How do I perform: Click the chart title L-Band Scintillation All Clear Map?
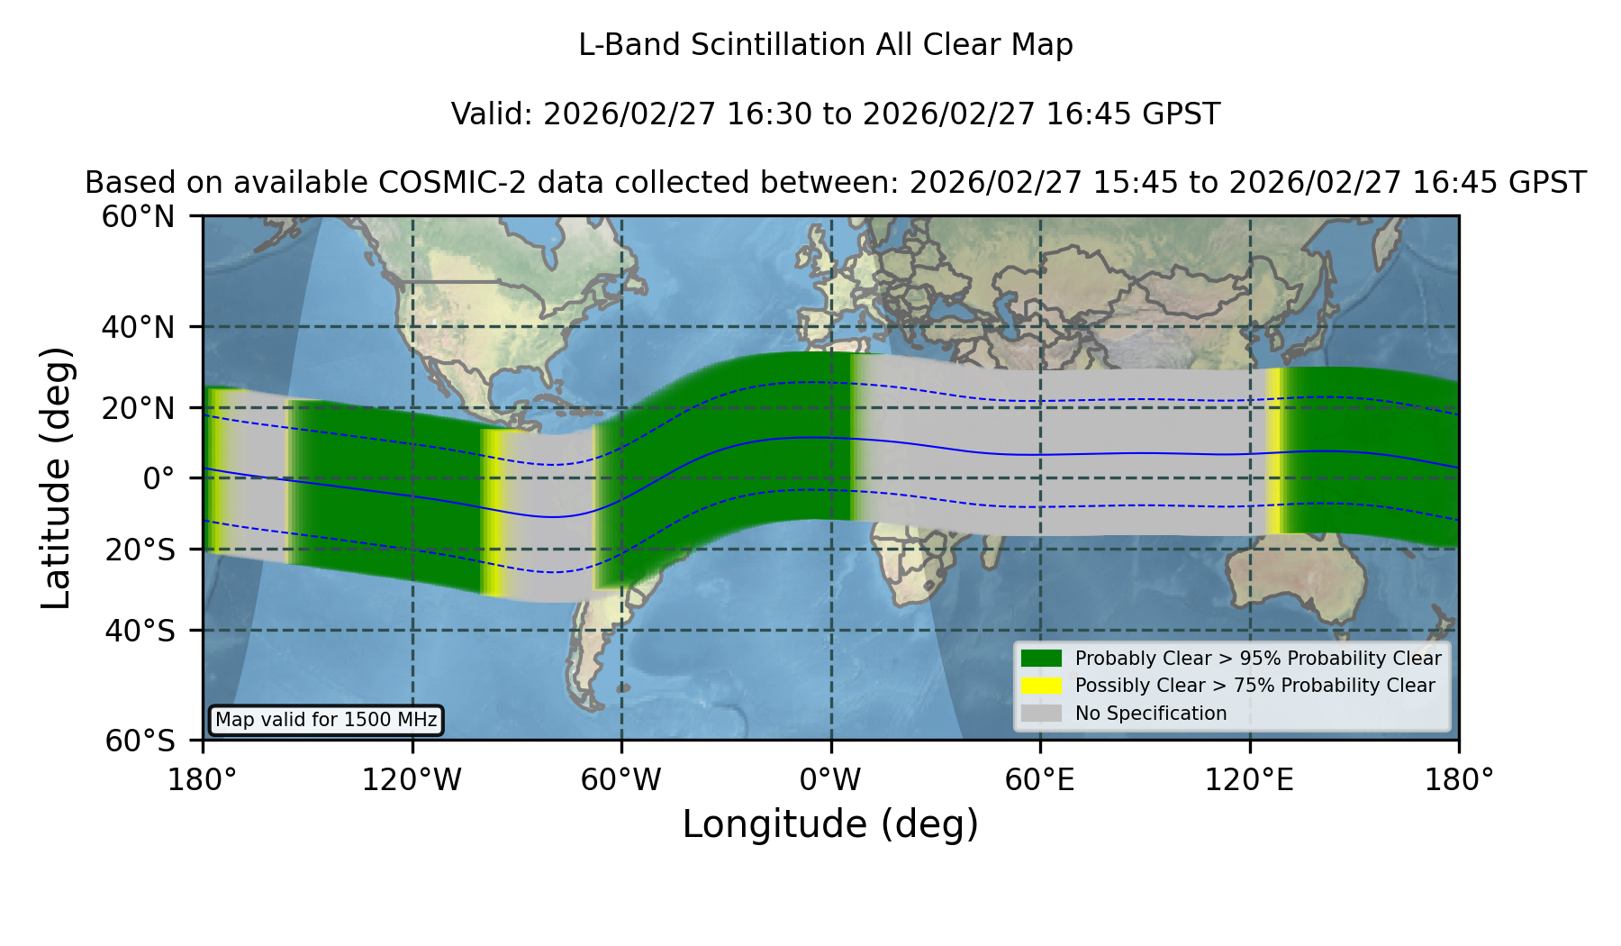click(x=826, y=45)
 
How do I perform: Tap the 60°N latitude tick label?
click(x=139, y=217)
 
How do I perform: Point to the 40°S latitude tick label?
click(x=140, y=631)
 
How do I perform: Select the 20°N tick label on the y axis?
click(x=139, y=408)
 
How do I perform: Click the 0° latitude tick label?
click(x=159, y=478)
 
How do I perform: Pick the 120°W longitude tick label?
click(x=412, y=779)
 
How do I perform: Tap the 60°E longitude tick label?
click(x=1040, y=779)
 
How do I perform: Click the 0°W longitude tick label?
click(x=831, y=779)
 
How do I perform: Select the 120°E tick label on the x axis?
click(x=1249, y=779)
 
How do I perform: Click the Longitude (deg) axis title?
click(x=830, y=824)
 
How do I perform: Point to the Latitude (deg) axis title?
click(x=57, y=478)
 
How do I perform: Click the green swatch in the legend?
click(x=1041, y=659)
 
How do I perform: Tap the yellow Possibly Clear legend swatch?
click(x=1041, y=686)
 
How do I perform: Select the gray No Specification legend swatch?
click(x=1041, y=714)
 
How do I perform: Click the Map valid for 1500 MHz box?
click(x=326, y=720)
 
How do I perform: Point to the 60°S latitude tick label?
click(x=140, y=741)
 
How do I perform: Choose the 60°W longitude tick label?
click(x=621, y=779)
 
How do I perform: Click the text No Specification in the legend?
click(x=1151, y=714)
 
